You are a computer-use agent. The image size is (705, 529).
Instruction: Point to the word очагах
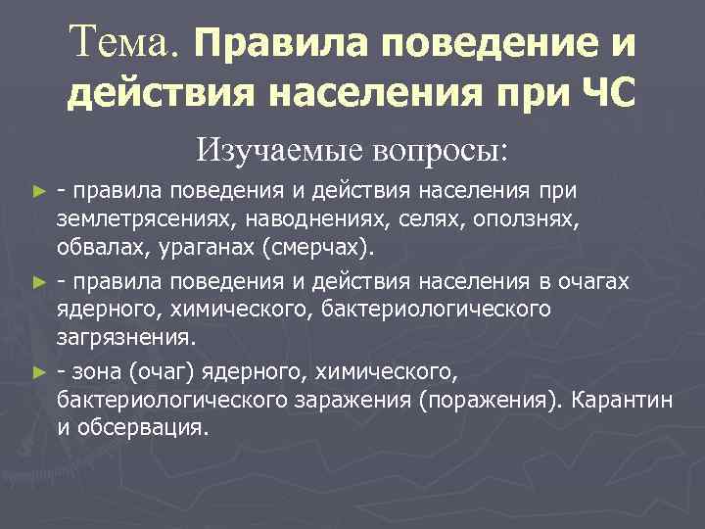[x=591, y=283]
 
